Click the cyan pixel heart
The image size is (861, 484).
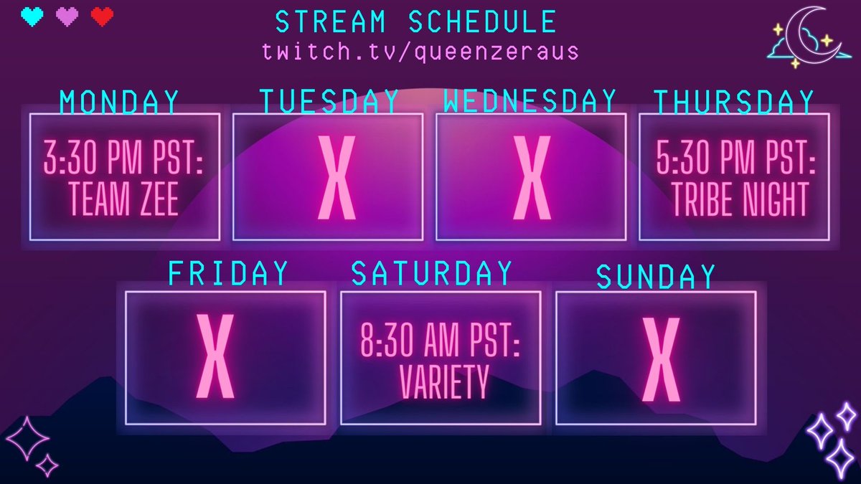click(x=32, y=16)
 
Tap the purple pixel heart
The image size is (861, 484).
click(x=67, y=16)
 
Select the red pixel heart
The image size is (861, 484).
click(x=103, y=16)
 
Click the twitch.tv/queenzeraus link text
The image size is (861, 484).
click(x=420, y=52)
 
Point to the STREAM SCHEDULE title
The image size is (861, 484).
click(x=416, y=22)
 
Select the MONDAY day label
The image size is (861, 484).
click(x=120, y=103)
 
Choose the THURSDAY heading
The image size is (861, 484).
click(x=734, y=103)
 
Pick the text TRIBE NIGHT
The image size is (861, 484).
click(x=740, y=200)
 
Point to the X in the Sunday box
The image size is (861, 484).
click(x=660, y=358)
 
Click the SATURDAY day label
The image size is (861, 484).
click(x=432, y=273)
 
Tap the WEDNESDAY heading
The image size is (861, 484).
click(x=530, y=100)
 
